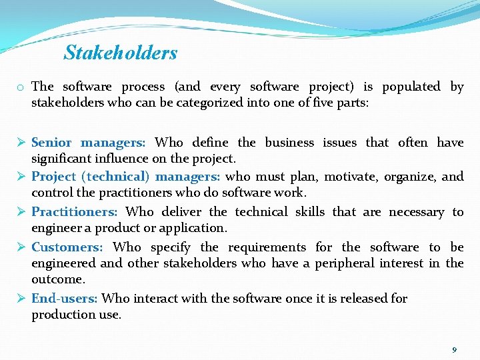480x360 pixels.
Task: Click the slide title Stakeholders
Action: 121,53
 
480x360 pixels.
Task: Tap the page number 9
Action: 454,349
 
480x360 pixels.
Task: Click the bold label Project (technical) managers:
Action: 127,177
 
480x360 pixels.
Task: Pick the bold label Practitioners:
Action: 75,212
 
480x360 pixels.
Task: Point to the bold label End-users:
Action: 64,299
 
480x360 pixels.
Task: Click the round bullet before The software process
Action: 22,87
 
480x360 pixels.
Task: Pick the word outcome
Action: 57,279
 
